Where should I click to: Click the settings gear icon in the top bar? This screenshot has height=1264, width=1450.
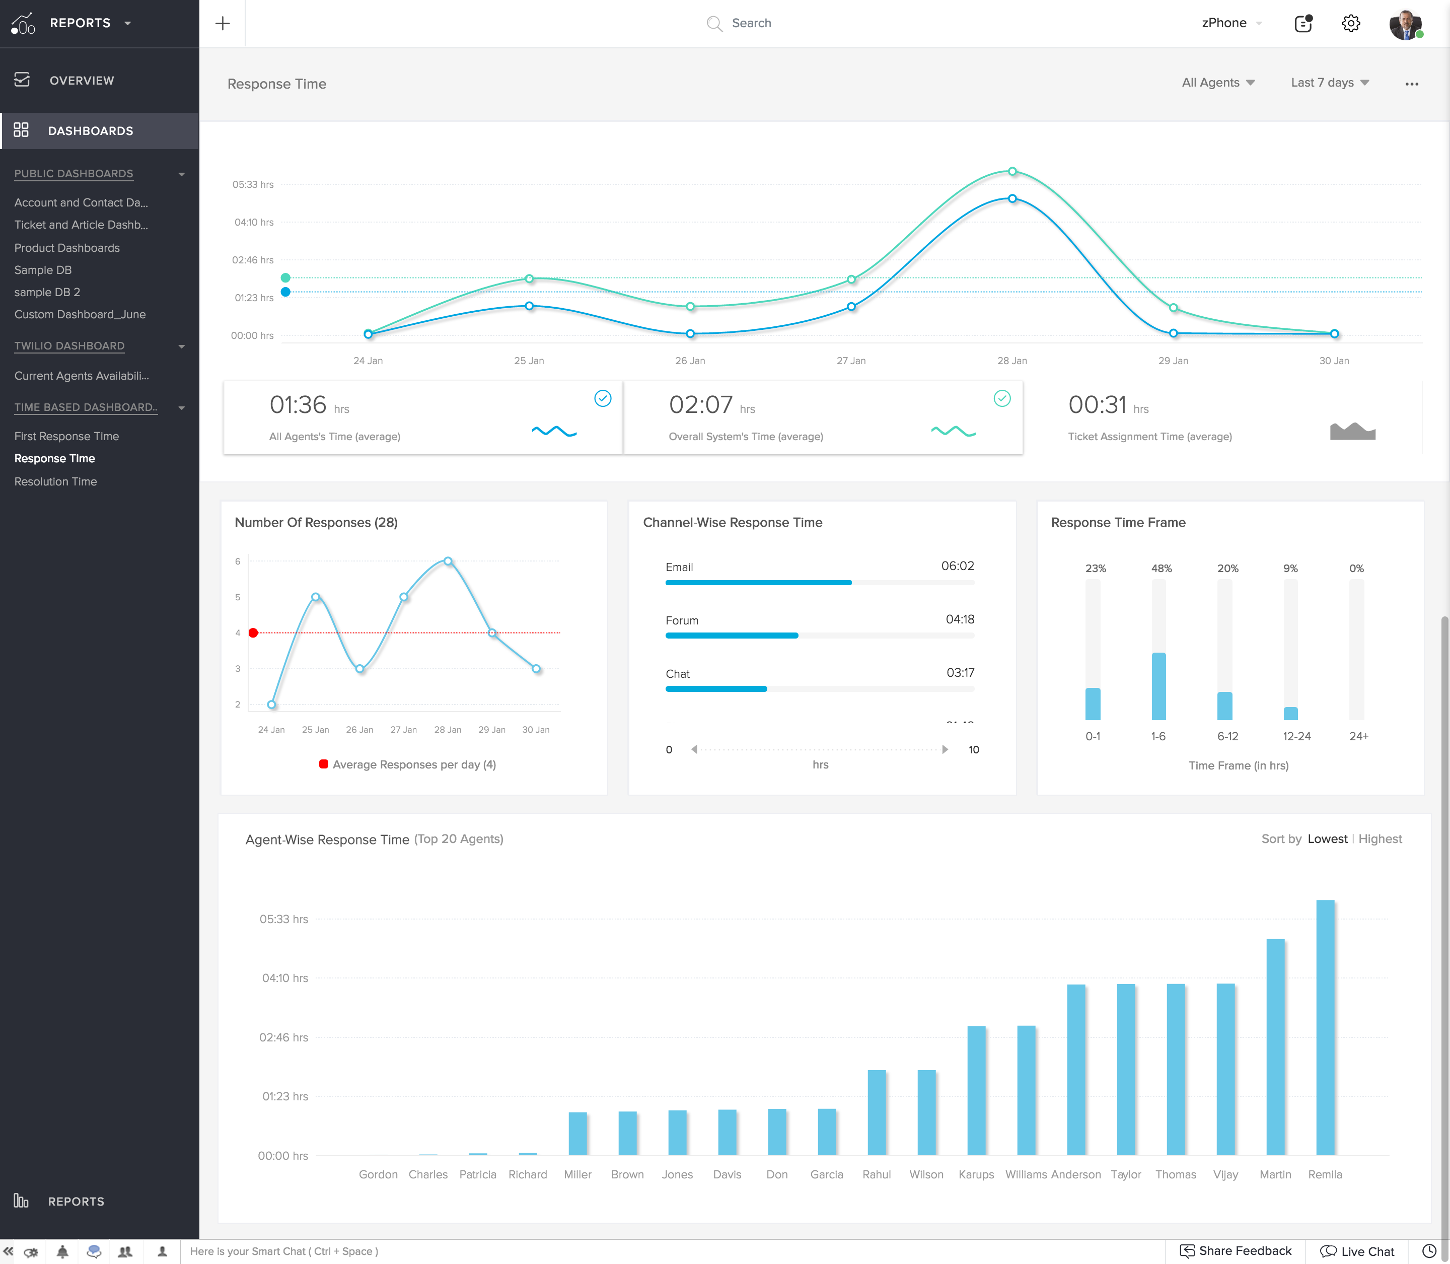pos(1350,23)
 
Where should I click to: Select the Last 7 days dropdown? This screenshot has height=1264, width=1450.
pos(1329,83)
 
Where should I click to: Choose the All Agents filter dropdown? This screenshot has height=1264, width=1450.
pos(1218,83)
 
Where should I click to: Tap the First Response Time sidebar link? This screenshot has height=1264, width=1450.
pos(66,437)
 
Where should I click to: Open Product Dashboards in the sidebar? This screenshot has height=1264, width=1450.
pos(67,248)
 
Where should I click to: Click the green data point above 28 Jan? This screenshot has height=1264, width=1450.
pos(1012,171)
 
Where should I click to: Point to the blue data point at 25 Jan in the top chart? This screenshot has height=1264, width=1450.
pos(529,306)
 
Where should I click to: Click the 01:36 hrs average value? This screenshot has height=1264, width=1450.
pos(299,405)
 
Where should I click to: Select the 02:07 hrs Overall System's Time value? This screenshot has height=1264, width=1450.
pos(701,405)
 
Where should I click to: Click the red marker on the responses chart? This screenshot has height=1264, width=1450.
pos(253,633)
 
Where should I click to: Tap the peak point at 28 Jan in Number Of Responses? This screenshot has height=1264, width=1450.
pos(448,561)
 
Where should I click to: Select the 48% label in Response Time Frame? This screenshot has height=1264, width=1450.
pos(1161,569)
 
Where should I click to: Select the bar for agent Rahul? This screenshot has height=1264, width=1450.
pos(877,1112)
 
